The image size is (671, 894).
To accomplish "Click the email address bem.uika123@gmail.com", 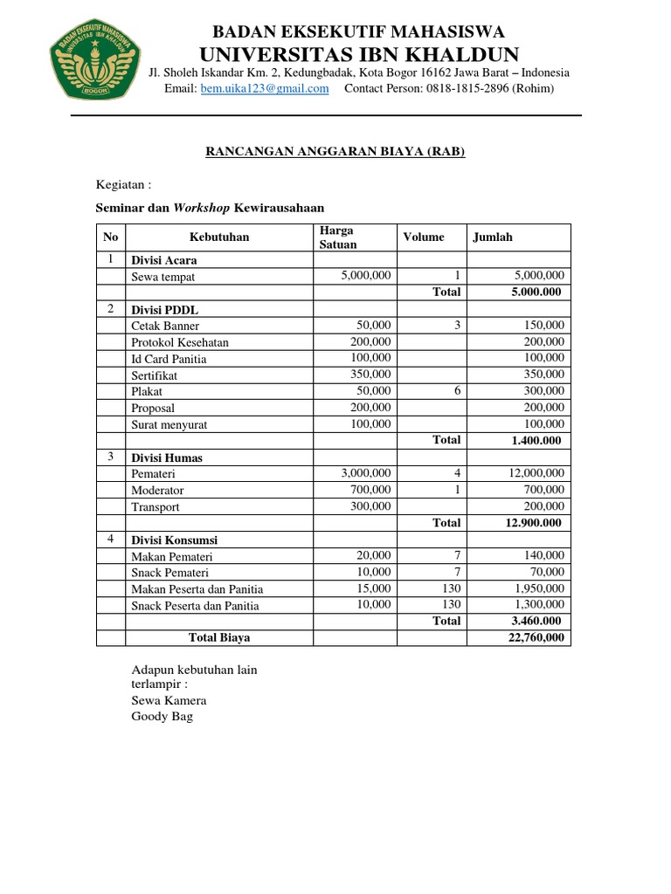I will (x=265, y=88).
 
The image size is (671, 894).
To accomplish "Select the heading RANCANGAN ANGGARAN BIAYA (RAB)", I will (x=335, y=151).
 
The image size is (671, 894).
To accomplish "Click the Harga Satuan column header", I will (x=338, y=237).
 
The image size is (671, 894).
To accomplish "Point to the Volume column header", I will (x=424, y=237).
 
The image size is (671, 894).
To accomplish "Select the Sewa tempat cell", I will (x=163, y=277).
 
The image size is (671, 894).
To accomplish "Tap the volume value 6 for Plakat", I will (x=457, y=391).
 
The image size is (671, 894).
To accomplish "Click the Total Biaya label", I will (x=219, y=638).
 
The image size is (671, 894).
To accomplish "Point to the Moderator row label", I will (x=158, y=491).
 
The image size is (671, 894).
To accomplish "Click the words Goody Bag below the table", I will (x=162, y=717).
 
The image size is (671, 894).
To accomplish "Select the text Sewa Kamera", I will (x=169, y=700).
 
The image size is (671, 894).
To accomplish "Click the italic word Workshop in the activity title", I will (x=202, y=208).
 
